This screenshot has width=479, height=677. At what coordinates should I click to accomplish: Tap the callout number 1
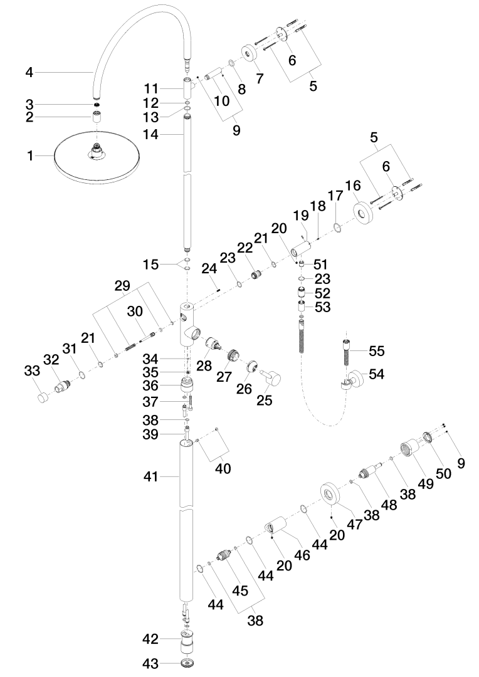[30, 155]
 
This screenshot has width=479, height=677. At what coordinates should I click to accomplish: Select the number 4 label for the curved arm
[29, 73]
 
